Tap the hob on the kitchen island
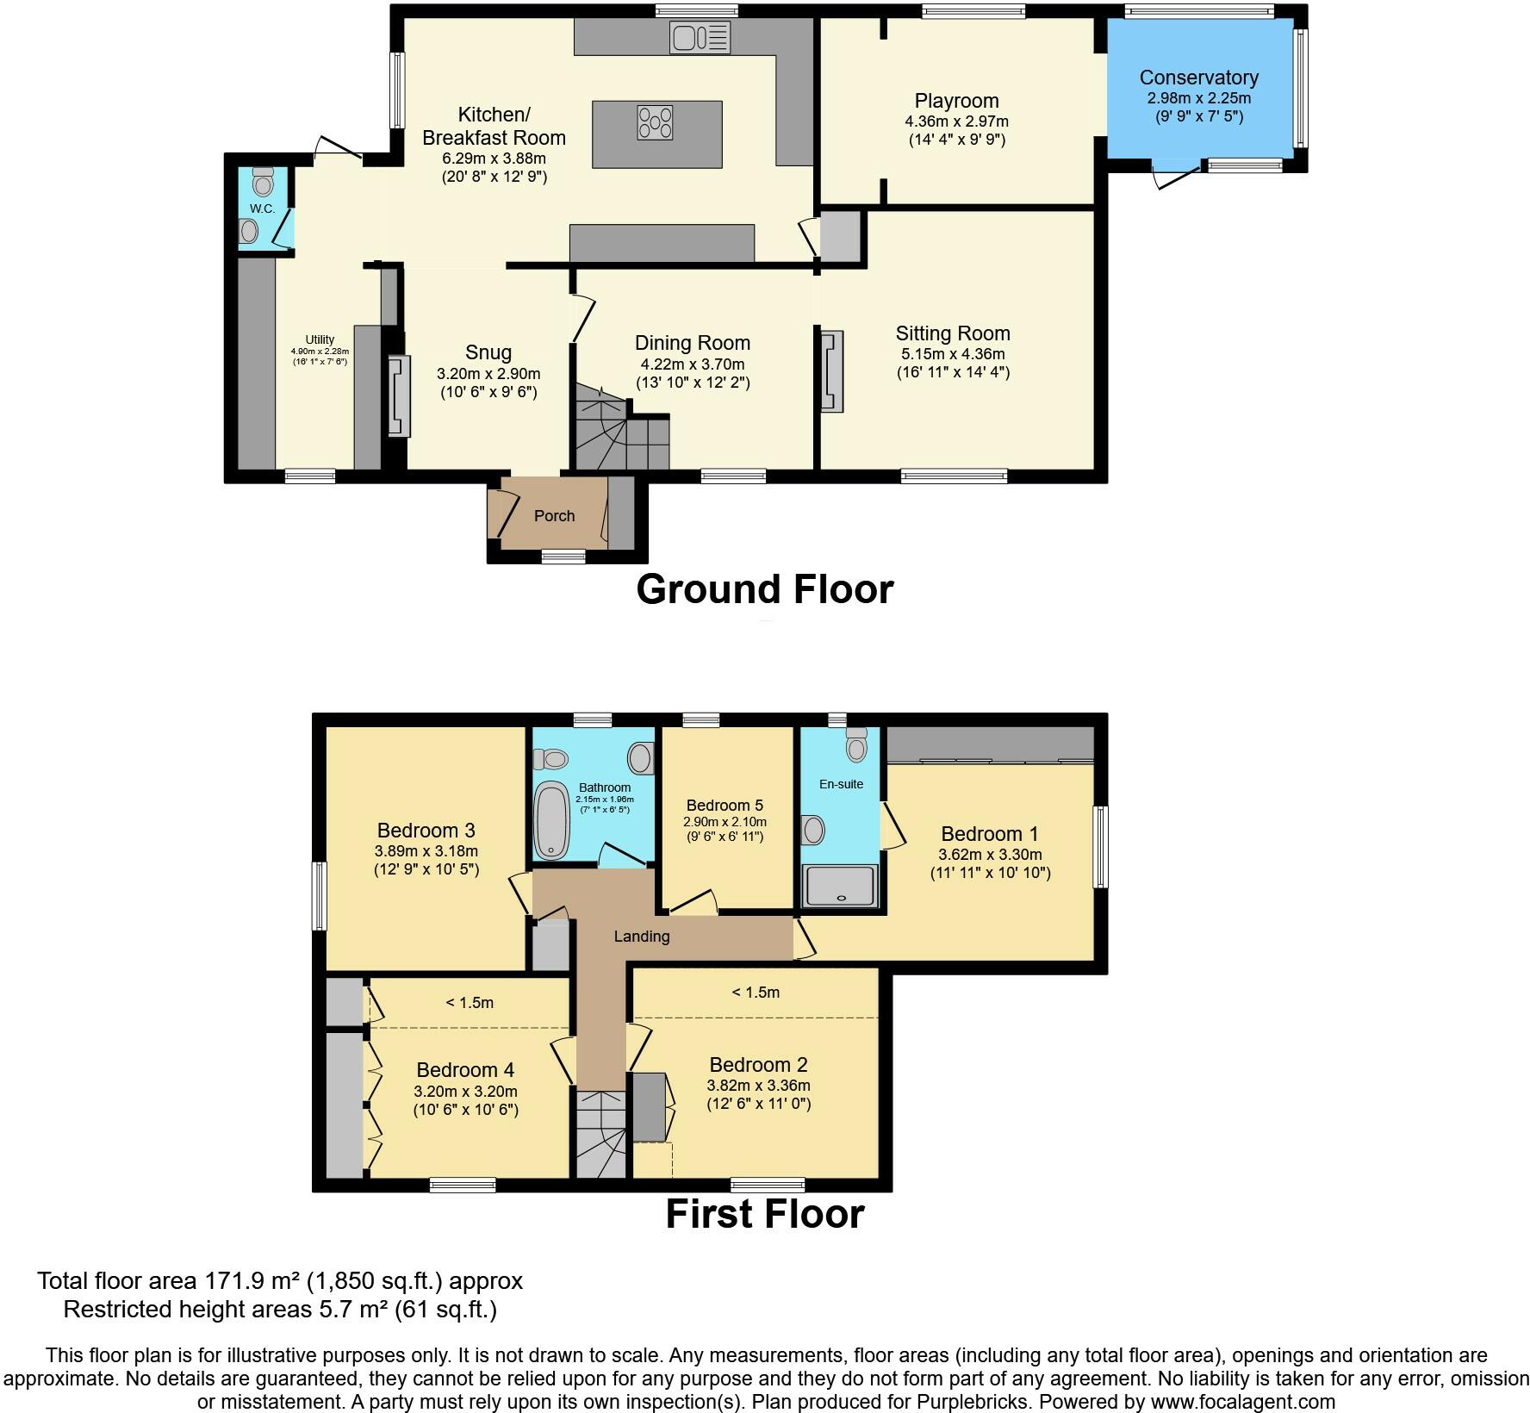(656, 121)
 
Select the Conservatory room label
(1198, 78)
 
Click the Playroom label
(956, 101)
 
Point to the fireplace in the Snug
(399, 396)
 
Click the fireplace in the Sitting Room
(831, 371)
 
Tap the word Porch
(554, 516)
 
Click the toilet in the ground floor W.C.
(263, 182)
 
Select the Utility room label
(320, 340)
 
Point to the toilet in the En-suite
(855, 745)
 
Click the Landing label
(642, 937)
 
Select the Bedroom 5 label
(725, 806)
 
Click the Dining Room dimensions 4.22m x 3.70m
(693, 364)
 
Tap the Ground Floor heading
(765, 590)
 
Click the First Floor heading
(765, 1214)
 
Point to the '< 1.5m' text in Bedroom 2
(756, 993)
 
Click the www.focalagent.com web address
(1240, 1402)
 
